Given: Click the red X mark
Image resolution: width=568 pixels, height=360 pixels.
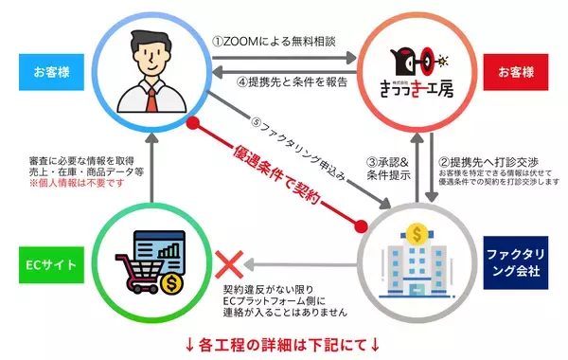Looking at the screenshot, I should [227, 259].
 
